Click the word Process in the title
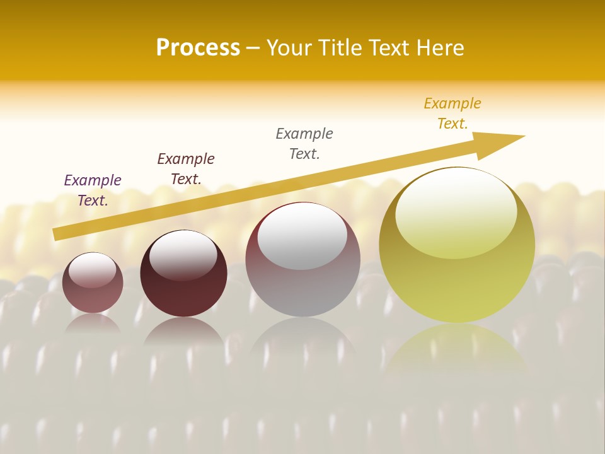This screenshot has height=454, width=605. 198,47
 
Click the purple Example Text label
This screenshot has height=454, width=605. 93,190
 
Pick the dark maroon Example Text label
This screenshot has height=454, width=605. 186,168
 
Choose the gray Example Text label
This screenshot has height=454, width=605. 304,143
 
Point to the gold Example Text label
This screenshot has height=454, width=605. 452,113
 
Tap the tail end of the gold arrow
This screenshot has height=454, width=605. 58,233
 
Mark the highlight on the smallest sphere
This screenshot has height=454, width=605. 93,271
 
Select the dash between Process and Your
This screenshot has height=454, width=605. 253,49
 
